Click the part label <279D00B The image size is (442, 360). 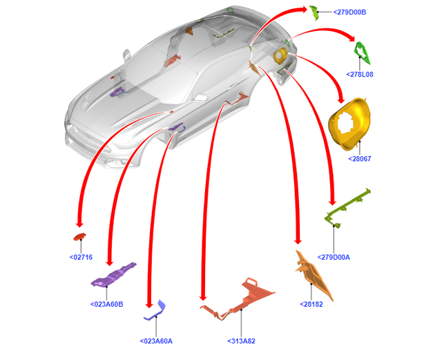tap(349, 12)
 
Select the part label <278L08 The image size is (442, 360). tap(361, 75)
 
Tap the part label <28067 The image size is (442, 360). tap(361, 159)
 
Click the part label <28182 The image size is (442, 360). tap(313, 304)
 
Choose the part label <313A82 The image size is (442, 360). tap(241, 341)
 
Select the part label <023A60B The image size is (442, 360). tap(106, 304)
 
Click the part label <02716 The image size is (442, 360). tap(81, 257)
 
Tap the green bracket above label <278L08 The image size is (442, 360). tap(361, 52)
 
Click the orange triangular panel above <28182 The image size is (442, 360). tap(314, 276)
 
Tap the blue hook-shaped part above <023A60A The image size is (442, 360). tap(155, 311)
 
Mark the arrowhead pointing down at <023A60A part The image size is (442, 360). tap(148, 304)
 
